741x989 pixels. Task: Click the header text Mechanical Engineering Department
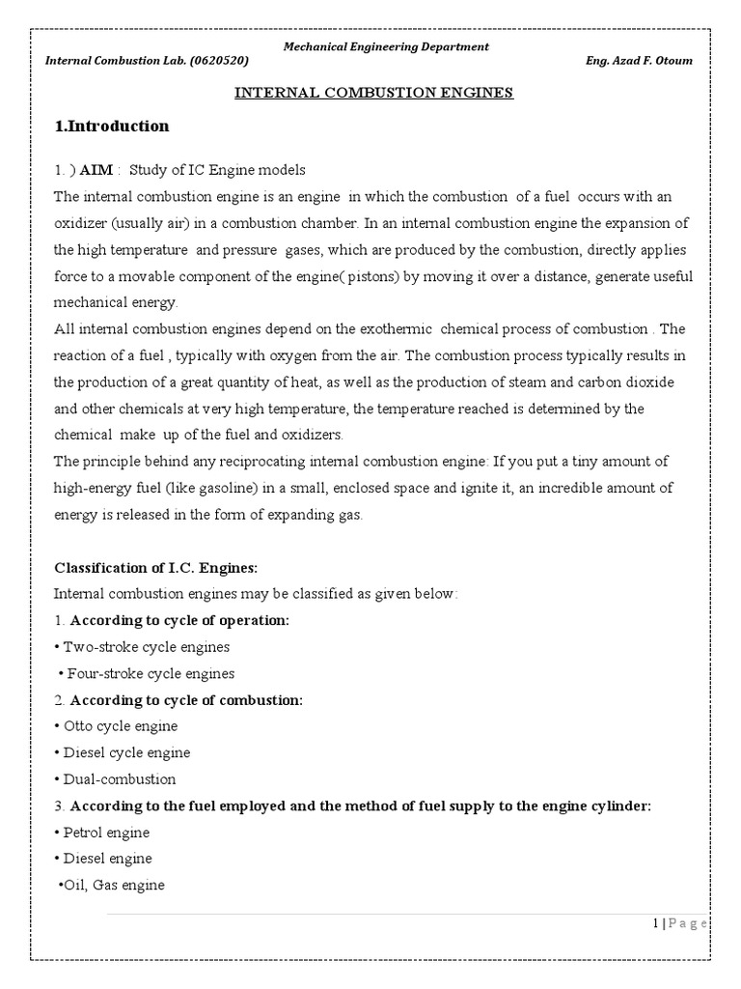384,46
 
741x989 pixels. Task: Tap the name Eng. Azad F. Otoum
639,61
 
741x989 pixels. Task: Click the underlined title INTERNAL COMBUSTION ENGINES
375,93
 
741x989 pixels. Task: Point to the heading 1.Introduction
112,127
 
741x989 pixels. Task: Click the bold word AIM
96,170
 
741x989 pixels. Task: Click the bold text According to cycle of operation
179,620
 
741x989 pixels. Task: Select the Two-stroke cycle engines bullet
146,647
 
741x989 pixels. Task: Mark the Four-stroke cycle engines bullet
149,673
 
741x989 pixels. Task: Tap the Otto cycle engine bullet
120,725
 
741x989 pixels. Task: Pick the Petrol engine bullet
106,832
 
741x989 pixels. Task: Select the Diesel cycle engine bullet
125,752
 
